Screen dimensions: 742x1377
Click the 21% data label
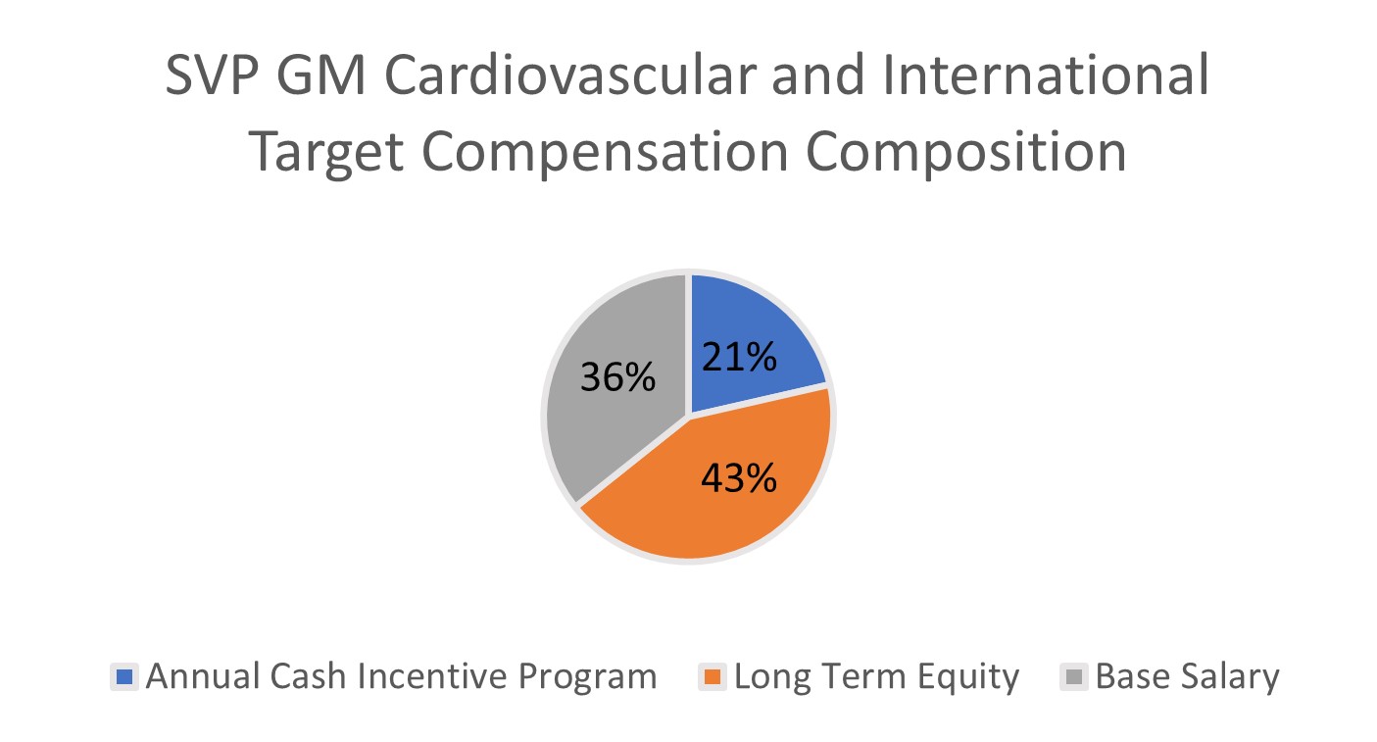point(739,358)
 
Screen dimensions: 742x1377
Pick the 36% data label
point(617,376)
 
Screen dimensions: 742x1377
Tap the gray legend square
point(1075,677)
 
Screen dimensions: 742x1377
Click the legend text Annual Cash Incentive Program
point(401,677)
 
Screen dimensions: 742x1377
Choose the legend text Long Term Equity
point(876,677)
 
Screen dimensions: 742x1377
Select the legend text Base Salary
point(1187,677)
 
